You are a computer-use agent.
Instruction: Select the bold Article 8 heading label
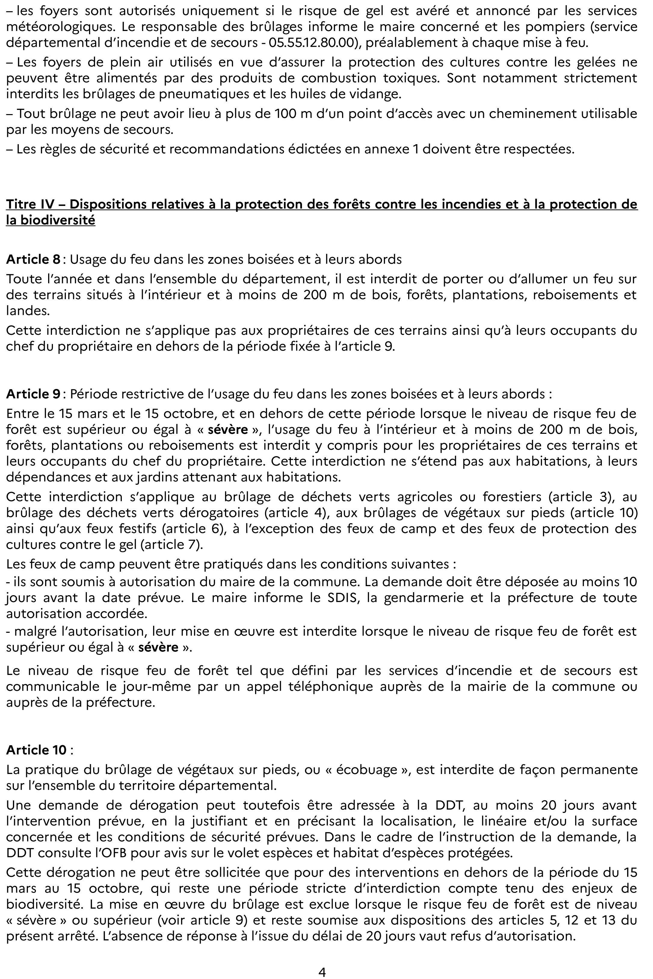tap(33, 260)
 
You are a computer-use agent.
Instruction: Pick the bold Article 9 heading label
tap(33, 394)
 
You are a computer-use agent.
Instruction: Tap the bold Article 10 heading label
tap(36, 750)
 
